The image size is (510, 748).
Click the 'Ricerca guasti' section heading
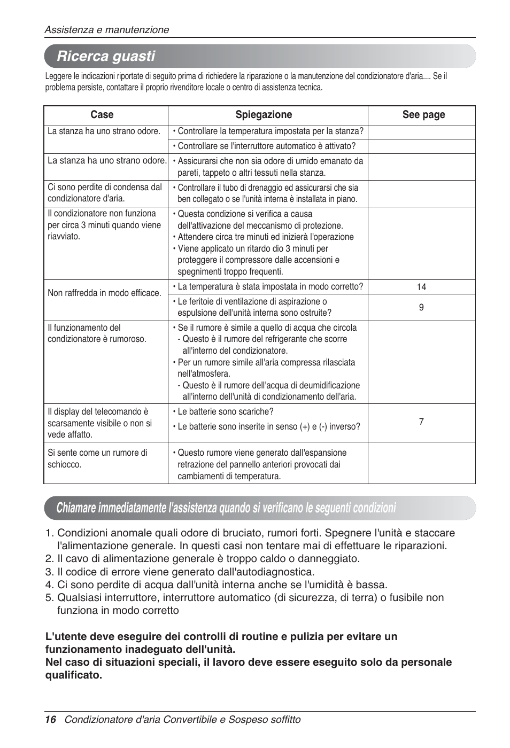pos(106,56)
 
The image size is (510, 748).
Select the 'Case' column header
pos(102,115)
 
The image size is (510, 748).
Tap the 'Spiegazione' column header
pos(264,115)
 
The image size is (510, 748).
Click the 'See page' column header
pos(423,115)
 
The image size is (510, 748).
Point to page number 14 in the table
pos(421,287)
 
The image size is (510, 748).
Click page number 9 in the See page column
pos(421,307)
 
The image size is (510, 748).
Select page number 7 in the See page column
pos(421,422)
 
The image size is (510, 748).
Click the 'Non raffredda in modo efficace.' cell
pos(104,293)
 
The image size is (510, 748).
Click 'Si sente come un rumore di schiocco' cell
pos(97,458)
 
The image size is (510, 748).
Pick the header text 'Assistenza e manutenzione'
pos(106,30)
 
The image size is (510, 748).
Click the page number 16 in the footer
pos(50,719)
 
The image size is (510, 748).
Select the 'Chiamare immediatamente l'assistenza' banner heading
pos(226,508)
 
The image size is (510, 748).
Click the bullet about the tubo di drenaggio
pos(267,193)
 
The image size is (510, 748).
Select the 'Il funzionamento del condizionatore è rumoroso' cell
pos(97,333)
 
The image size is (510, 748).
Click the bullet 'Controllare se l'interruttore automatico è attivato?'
pos(266,146)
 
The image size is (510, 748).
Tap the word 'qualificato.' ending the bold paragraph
pos(73,675)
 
